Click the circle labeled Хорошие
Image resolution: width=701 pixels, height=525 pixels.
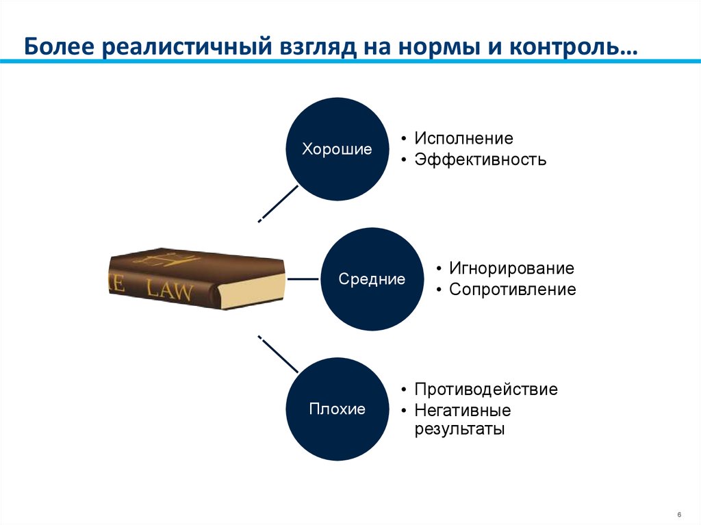(337, 149)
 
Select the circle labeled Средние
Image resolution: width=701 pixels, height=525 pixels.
(372, 279)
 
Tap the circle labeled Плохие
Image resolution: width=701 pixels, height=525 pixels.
(337, 409)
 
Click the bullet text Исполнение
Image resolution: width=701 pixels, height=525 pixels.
(463, 138)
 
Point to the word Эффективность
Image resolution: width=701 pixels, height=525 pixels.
(480, 160)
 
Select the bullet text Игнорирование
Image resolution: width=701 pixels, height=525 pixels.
(511, 268)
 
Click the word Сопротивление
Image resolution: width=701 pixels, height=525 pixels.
(512, 290)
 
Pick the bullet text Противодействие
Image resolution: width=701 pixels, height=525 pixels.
(485, 389)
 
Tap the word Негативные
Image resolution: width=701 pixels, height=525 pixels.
(462, 411)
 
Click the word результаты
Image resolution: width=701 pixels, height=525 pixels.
(459, 430)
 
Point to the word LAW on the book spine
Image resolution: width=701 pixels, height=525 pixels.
(171, 290)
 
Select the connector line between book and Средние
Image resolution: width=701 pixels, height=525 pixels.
(303, 279)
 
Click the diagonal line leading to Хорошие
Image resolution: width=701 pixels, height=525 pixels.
(279, 203)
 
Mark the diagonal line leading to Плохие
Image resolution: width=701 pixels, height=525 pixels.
(278, 355)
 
